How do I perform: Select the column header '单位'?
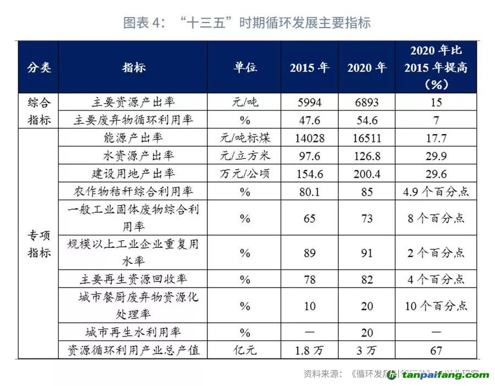[245, 68]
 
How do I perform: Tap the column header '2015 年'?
[309, 68]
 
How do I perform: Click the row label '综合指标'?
[38, 111]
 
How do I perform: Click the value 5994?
[309, 102]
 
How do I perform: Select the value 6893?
[367, 102]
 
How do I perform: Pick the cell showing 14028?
[309, 138]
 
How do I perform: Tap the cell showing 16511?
[367, 138]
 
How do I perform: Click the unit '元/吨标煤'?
[245, 138]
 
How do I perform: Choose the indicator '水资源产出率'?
[133, 156]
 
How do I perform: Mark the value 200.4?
[367, 174]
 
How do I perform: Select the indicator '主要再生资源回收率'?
[133, 279]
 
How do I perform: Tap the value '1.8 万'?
[309, 350]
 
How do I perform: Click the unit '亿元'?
[245, 350]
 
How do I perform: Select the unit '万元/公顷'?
[245, 174]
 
